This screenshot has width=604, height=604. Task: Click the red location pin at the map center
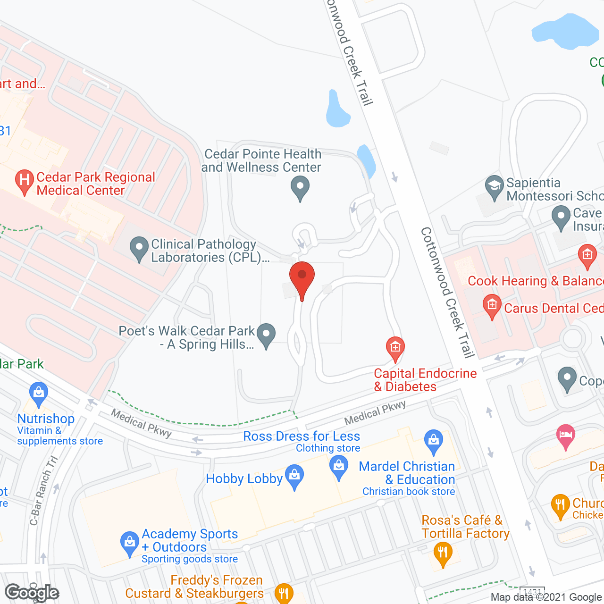[x=302, y=278]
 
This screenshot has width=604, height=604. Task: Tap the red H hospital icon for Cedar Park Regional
[x=24, y=182]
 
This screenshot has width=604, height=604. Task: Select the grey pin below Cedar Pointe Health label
[x=300, y=188]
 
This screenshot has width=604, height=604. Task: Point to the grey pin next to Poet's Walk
[x=266, y=335]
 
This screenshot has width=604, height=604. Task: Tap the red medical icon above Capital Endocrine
[x=395, y=348]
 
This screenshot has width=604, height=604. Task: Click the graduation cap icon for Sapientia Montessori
[x=495, y=186]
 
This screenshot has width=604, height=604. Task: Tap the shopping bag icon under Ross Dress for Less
[x=339, y=467]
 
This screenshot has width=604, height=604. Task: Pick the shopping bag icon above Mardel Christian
[x=433, y=440]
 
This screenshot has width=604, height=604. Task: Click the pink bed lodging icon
[x=565, y=436]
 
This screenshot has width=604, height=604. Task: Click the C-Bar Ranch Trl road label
[x=43, y=491]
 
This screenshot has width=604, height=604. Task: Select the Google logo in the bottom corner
[x=32, y=593]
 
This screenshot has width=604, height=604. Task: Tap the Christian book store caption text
[x=409, y=492]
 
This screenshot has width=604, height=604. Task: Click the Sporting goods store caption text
[x=190, y=559]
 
